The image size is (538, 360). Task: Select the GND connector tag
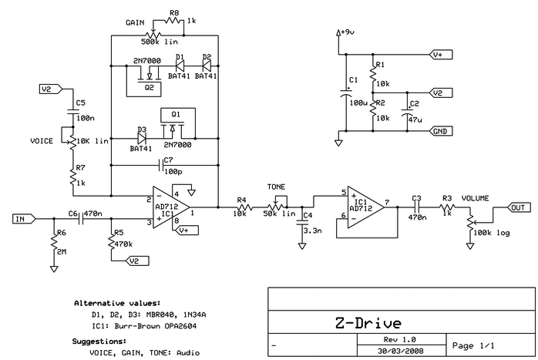coord(440,132)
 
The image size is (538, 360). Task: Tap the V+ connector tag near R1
coord(440,56)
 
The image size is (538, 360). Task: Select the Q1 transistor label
coord(176,113)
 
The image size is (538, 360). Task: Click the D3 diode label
coord(142,130)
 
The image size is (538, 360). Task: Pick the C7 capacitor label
coord(168,160)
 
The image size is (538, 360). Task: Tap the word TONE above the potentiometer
coord(275,187)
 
